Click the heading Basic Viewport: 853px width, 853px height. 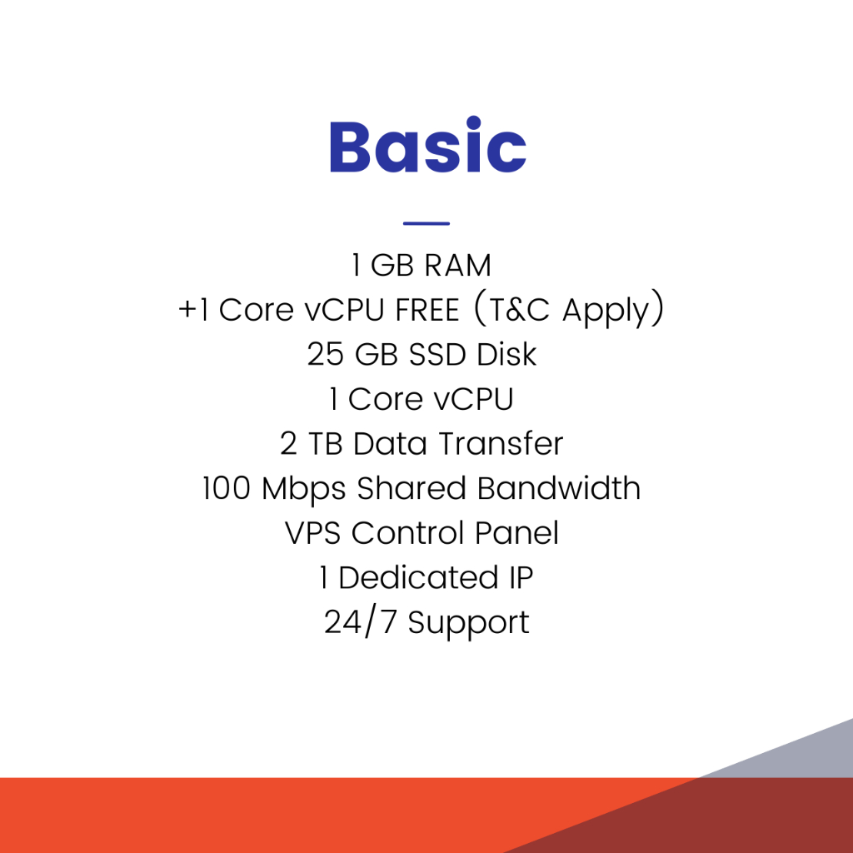click(428, 145)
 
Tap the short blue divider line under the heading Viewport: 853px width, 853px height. click(426, 223)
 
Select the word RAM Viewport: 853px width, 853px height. click(457, 266)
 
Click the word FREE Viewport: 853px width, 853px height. click(427, 310)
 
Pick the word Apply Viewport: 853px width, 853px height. click(606, 312)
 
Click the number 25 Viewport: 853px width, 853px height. click(326, 354)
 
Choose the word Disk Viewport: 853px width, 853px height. click(507, 354)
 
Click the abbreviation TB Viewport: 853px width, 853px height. click(326, 444)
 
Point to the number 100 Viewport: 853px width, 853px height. click(227, 488)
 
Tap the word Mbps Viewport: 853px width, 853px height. click(303, 490)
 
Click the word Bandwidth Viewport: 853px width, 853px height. click(559, 487)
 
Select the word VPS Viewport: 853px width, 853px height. click(313, 532)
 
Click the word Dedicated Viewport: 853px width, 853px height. click(418, 577)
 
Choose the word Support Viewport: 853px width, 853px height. click(468, 623)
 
